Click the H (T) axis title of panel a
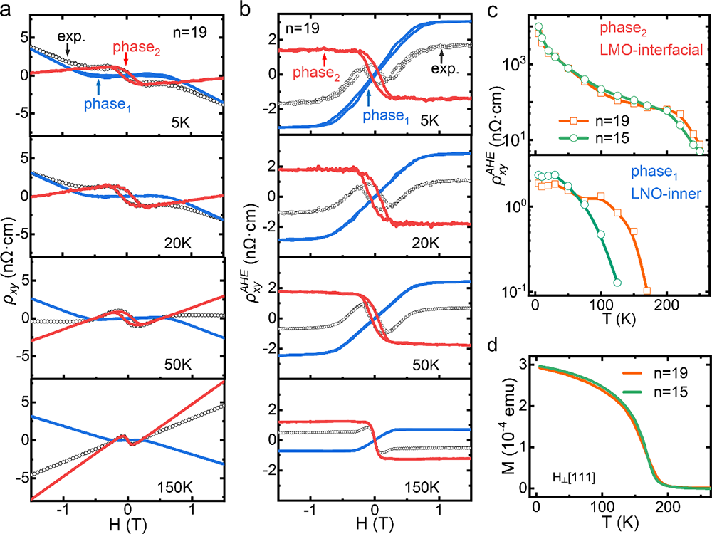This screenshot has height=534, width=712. (127, 525)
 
